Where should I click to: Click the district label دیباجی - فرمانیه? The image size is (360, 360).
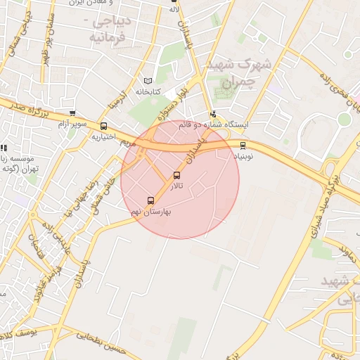[x=108, y=28]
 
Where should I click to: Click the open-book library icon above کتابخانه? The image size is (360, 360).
[x=148, y=81]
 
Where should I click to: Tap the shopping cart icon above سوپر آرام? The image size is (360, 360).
[x=72, y=113]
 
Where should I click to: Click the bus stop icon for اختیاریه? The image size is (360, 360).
[x=105, y=126]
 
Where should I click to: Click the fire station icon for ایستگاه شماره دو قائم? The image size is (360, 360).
[x=212, y=114]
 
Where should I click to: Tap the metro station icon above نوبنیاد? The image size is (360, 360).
[x=243, y=146]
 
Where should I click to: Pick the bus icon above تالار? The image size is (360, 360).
[x=176, y=175]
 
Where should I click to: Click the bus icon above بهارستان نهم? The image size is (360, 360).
[x=150, y=200]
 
